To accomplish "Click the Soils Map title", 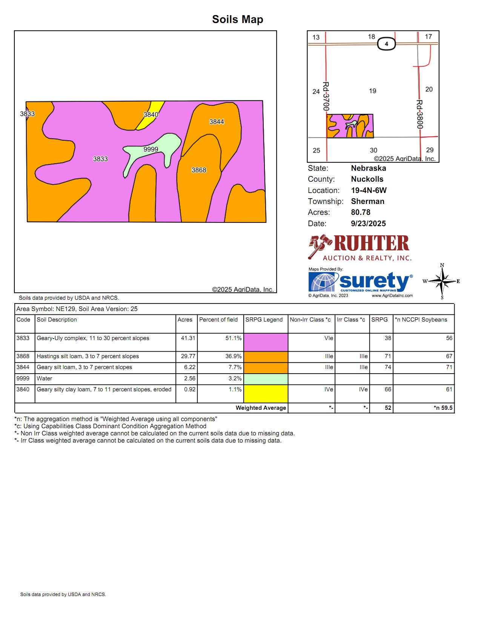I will [x=237, y=19].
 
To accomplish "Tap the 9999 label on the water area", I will [x=151, y=149].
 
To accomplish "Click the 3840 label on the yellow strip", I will [x=151, y=115].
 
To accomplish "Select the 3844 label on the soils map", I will [x=217, y=122].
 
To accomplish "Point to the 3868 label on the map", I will [x=199, y=170].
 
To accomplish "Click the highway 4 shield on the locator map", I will [x=386, y=44].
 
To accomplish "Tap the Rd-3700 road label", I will [x=326, y=96].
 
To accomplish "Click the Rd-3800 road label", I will [x=420, y=114].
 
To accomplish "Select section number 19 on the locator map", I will [x=372, y=91].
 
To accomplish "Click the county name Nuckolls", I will [x=367, y=179].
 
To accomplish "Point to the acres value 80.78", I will [x=361, y=212].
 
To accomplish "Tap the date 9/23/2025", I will [x=368, y=224].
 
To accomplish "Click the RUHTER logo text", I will [x=371, y=244].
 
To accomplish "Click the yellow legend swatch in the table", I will [x=266, y=394].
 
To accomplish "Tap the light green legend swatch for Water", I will [x=266, y=379].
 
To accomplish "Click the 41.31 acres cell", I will [x=188, y=338].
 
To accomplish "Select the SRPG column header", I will [x=379, y=320].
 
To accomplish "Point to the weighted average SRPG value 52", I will [x=388, y=408].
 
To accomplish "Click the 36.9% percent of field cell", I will [x=233, y=356].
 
